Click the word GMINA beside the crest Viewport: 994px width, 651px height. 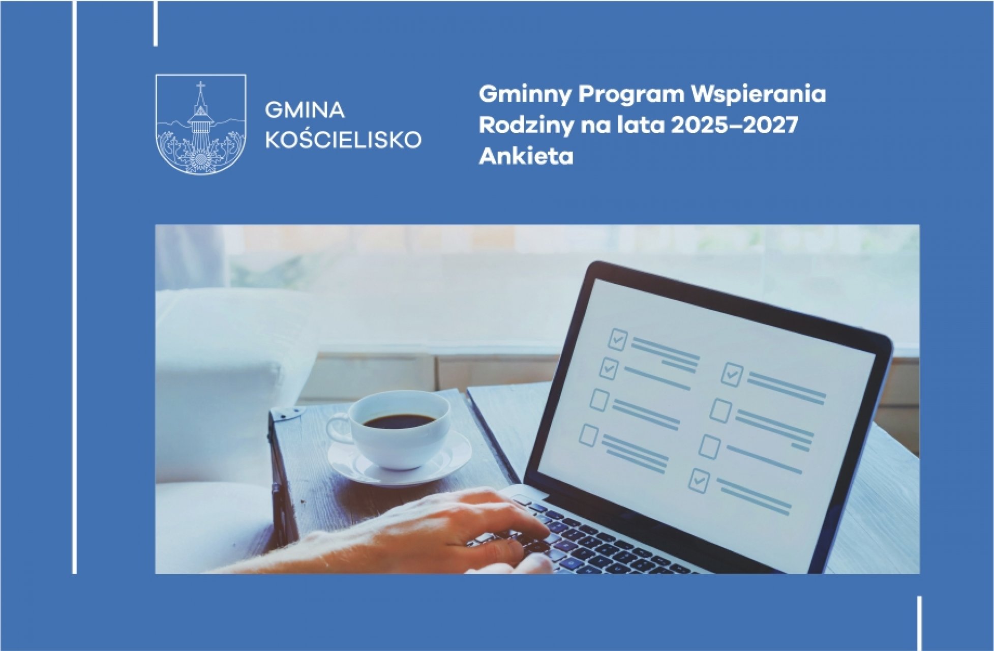click(305, 110)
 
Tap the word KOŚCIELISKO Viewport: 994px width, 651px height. click(344, 138)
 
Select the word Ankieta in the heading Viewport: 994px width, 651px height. click(526, 157)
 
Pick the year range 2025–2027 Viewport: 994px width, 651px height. click(734, 126)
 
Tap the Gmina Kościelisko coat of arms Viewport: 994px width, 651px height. click(201, 124)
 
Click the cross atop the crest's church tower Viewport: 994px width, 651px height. click(201, 87)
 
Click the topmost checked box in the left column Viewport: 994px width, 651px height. click(617, 339)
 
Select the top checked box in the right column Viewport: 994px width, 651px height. click(732, 374)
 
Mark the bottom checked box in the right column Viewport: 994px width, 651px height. click(699, 481)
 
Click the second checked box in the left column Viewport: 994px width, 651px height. click(609, 368)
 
